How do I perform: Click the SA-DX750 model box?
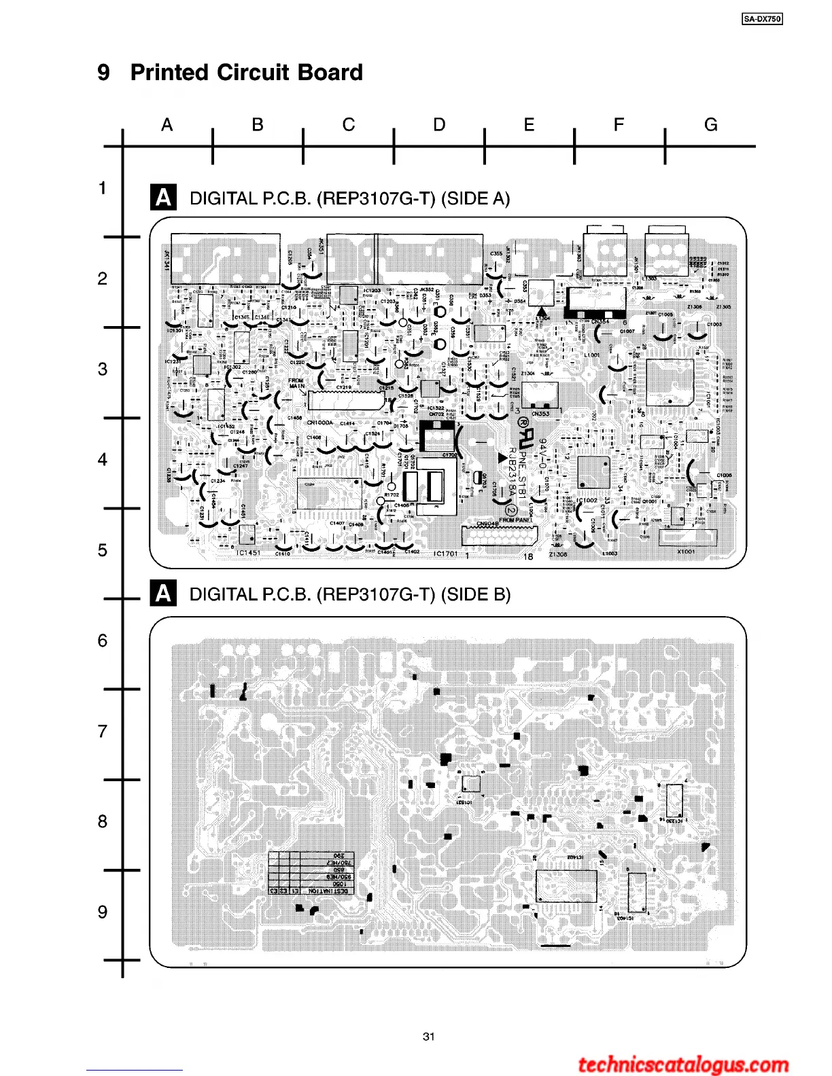pos(762,19)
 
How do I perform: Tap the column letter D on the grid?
pos(439,125)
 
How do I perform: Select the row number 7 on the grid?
pos(103,732)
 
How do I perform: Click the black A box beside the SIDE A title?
pos(163,198)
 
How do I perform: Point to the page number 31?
pos(428,1037)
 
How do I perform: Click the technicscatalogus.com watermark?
pos(683,1064)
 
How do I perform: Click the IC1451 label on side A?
pos(248,553)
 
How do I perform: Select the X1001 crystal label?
pos(686,552)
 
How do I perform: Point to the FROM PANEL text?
pos(516,520)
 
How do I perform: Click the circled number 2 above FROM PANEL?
pos(513,510)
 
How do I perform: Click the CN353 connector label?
pos(540,413)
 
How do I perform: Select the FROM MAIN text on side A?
pos(296,383)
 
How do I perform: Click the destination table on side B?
pos(311,873)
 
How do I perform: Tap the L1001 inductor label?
pos(591,355)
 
